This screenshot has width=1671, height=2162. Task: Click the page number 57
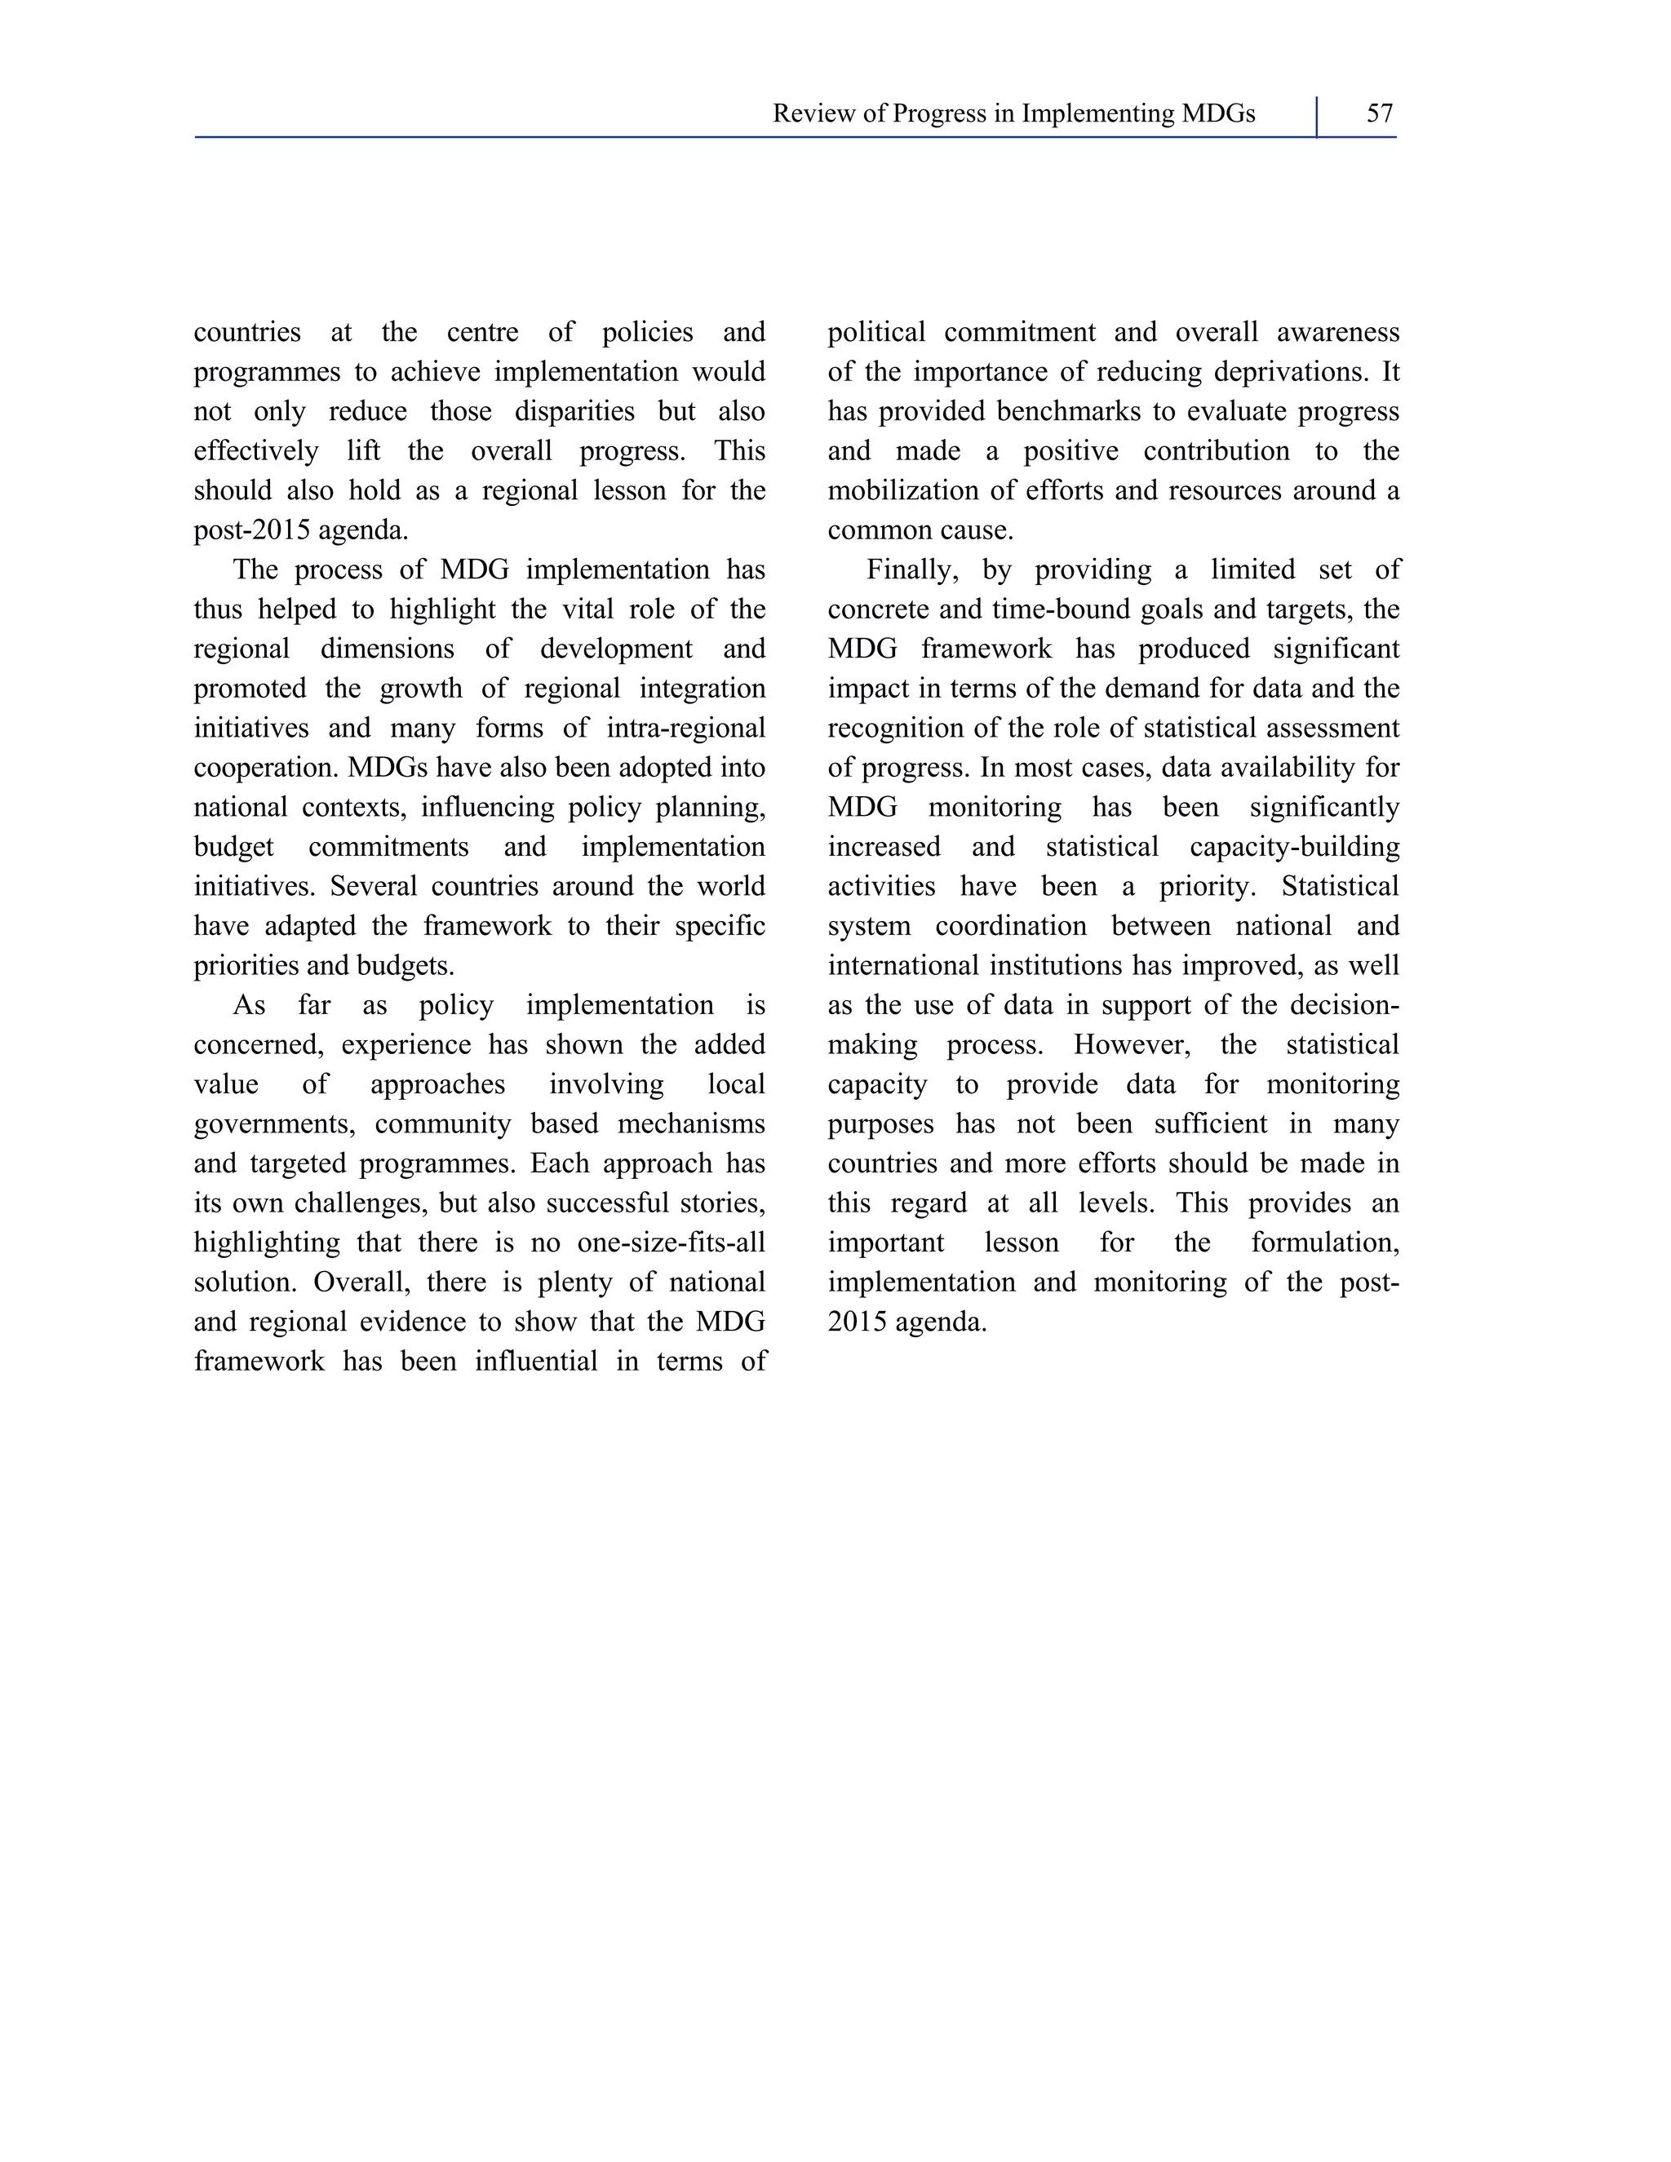pos(1379,114)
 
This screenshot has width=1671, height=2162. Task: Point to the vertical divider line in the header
pos(1318,117)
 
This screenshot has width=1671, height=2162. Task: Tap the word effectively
pos(256,451)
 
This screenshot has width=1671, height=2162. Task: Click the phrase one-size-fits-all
pos(672,1243)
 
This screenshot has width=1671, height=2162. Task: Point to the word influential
pos(535,1362)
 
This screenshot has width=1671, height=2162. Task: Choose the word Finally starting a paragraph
pos(910,570)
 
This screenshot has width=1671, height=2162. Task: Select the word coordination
pos(1010,927)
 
